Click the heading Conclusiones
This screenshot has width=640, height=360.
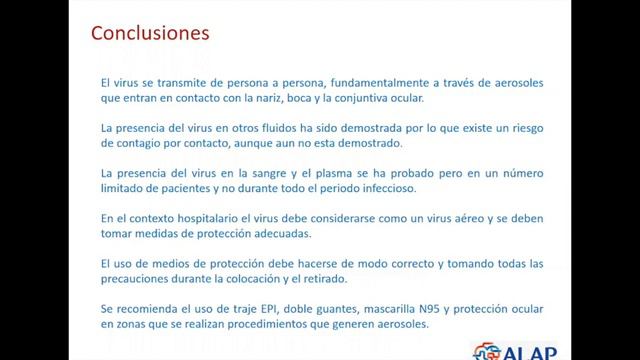click(x=150, y=34)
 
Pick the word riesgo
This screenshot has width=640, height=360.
click(x=523, y=129)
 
